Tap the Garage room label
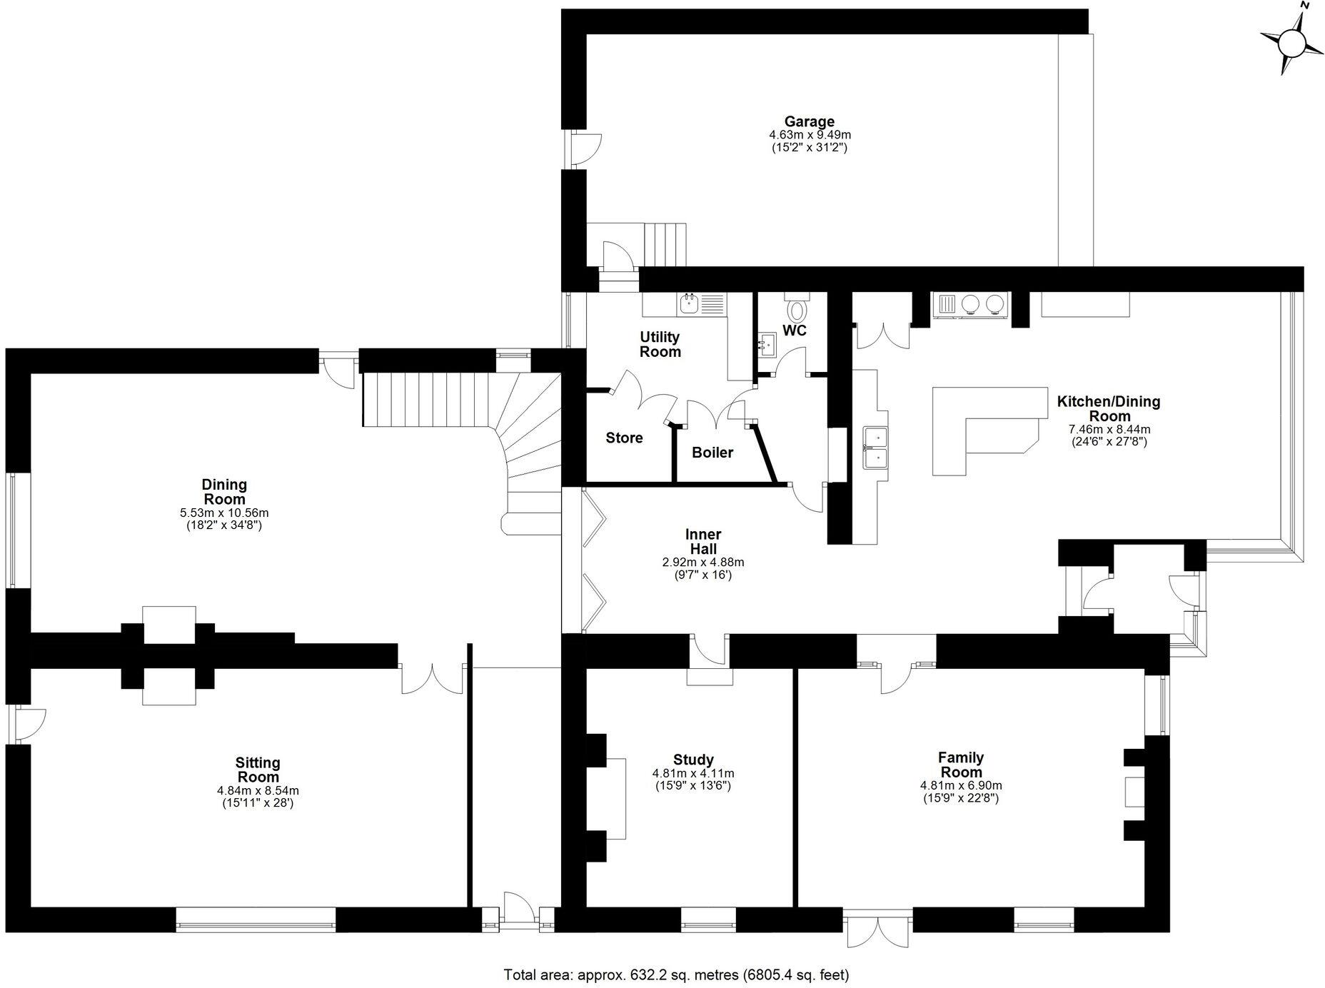coord(810,121)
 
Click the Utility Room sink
coord(689,305)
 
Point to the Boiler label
coord(712,453)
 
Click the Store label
coord(624,438)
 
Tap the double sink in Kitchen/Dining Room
coord(876,448)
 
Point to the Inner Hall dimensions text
coord(703,568)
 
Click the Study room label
coord(693,760)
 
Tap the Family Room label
coord(961,765)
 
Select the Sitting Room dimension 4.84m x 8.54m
coord(258,791)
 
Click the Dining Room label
coord(224,492)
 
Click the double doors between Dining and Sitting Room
coord(432,679)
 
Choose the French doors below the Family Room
coord(880,929)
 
